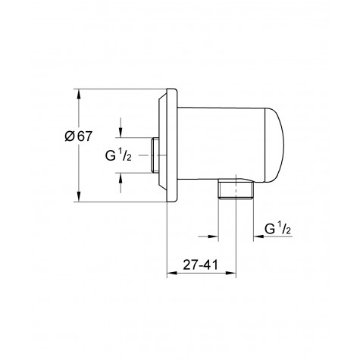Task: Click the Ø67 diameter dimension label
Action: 79,136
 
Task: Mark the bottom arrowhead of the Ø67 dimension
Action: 79,198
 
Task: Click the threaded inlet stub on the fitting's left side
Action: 155,155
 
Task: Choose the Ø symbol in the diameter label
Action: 70,136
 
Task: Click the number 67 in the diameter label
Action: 84,136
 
